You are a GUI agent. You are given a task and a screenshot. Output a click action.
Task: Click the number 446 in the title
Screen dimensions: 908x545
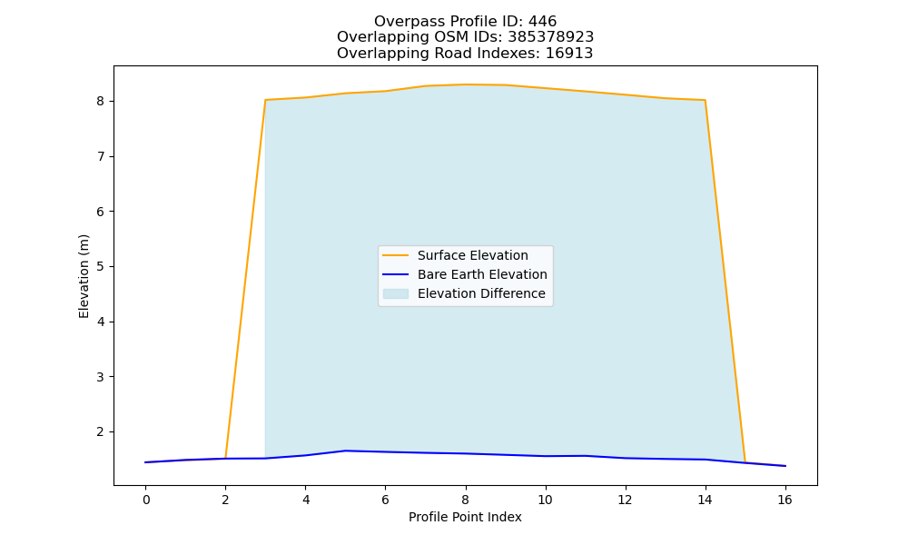[542, 22]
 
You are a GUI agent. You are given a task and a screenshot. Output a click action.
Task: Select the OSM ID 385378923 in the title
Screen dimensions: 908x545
[551, 37]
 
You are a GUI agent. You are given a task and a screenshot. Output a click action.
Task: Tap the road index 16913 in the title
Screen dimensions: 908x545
[569, 54]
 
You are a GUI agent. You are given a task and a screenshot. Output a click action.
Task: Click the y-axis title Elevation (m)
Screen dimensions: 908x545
[84, 276]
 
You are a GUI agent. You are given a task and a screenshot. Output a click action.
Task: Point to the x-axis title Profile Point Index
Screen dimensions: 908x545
[465, 517]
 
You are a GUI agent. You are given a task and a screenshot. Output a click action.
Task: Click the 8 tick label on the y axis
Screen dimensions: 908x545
[101, 102]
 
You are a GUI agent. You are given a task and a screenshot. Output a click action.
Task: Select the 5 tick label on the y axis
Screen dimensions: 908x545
[101, 267]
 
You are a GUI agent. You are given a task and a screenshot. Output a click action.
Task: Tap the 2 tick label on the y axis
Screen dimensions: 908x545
[101, 432]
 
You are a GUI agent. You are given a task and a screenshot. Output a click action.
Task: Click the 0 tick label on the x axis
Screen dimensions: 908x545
[146, 500]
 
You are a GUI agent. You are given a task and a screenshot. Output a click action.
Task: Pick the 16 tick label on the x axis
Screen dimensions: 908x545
[785, 500]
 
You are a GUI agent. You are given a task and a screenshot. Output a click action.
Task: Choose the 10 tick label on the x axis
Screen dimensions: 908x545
[545, 500]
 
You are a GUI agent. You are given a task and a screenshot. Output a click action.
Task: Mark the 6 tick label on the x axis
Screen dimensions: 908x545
[385, 500]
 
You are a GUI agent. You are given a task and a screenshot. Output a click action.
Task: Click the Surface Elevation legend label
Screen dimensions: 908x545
[472, 255]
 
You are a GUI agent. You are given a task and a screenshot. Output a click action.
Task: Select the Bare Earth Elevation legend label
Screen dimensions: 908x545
[482, 274]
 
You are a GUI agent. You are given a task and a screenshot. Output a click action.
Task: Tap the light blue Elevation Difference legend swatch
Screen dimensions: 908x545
[396, 293]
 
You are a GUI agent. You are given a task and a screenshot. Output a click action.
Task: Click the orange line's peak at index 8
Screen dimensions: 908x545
[465, 84]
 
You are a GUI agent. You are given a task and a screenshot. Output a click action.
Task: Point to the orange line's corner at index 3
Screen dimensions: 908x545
[265, 100]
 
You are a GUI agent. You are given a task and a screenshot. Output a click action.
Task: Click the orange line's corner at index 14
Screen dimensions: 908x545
[705, 100]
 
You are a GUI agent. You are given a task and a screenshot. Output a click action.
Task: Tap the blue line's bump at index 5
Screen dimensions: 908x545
[346, 451]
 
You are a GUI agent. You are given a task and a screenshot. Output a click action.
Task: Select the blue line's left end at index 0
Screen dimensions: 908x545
[145, 462]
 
